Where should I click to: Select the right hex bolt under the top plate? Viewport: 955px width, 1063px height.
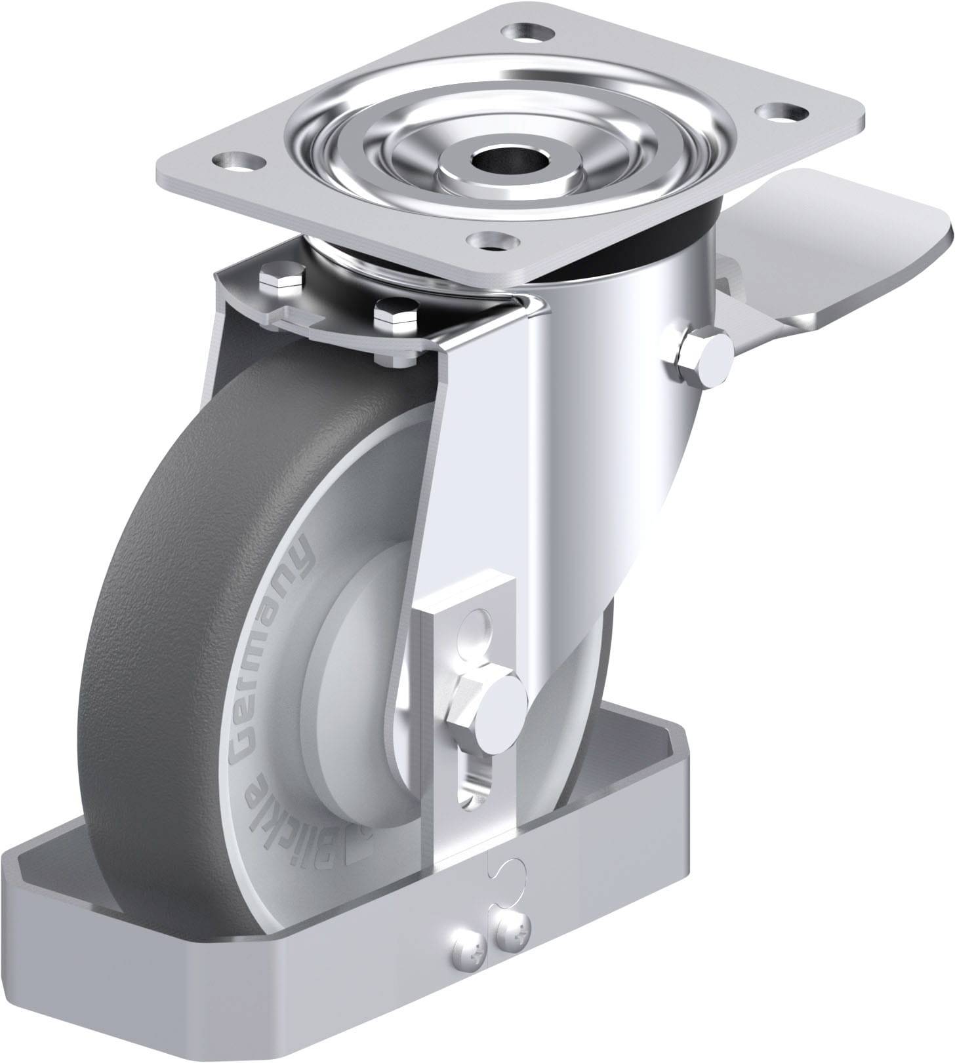click(x=396, y=314)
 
